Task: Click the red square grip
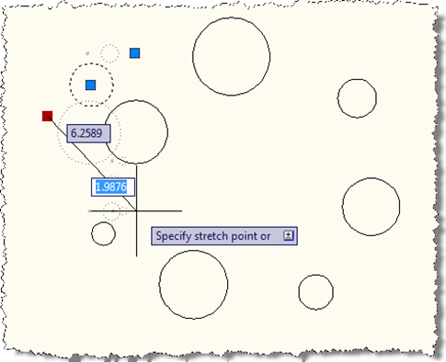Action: click(x=47, y=116)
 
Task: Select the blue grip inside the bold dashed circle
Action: click(x=90, y=85)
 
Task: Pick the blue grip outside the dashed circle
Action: click(x=134, y=53)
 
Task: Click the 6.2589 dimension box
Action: click(x=88, y=133)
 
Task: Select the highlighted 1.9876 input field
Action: click(x=113, y=187)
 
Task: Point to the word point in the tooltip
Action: click(x=244, y=236)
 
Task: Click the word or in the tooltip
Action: click(x=266, y=237)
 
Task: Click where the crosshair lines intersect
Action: click(x=136, y=210)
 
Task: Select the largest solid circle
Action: click(x=231, y=18)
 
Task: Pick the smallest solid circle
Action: click(x=103, y=222)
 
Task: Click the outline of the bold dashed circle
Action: click(x=91, y=63)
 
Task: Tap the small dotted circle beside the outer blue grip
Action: click(x=109, y=45)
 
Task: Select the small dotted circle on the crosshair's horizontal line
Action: click(x=111, y=203)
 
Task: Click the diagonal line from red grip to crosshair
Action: click(x=92, y=164)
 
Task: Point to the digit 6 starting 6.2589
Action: click(x=74, y=133)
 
